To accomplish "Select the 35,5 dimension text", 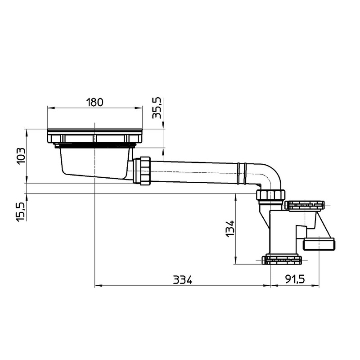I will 157,108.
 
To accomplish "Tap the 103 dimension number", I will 20,156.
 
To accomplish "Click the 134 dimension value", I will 230,228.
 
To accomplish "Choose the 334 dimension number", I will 182,279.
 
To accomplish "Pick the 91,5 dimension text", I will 295,279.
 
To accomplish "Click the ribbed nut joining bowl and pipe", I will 144,171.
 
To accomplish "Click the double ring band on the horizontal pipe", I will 243,173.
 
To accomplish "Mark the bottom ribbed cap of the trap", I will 283,260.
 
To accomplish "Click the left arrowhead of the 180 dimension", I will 50,108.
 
